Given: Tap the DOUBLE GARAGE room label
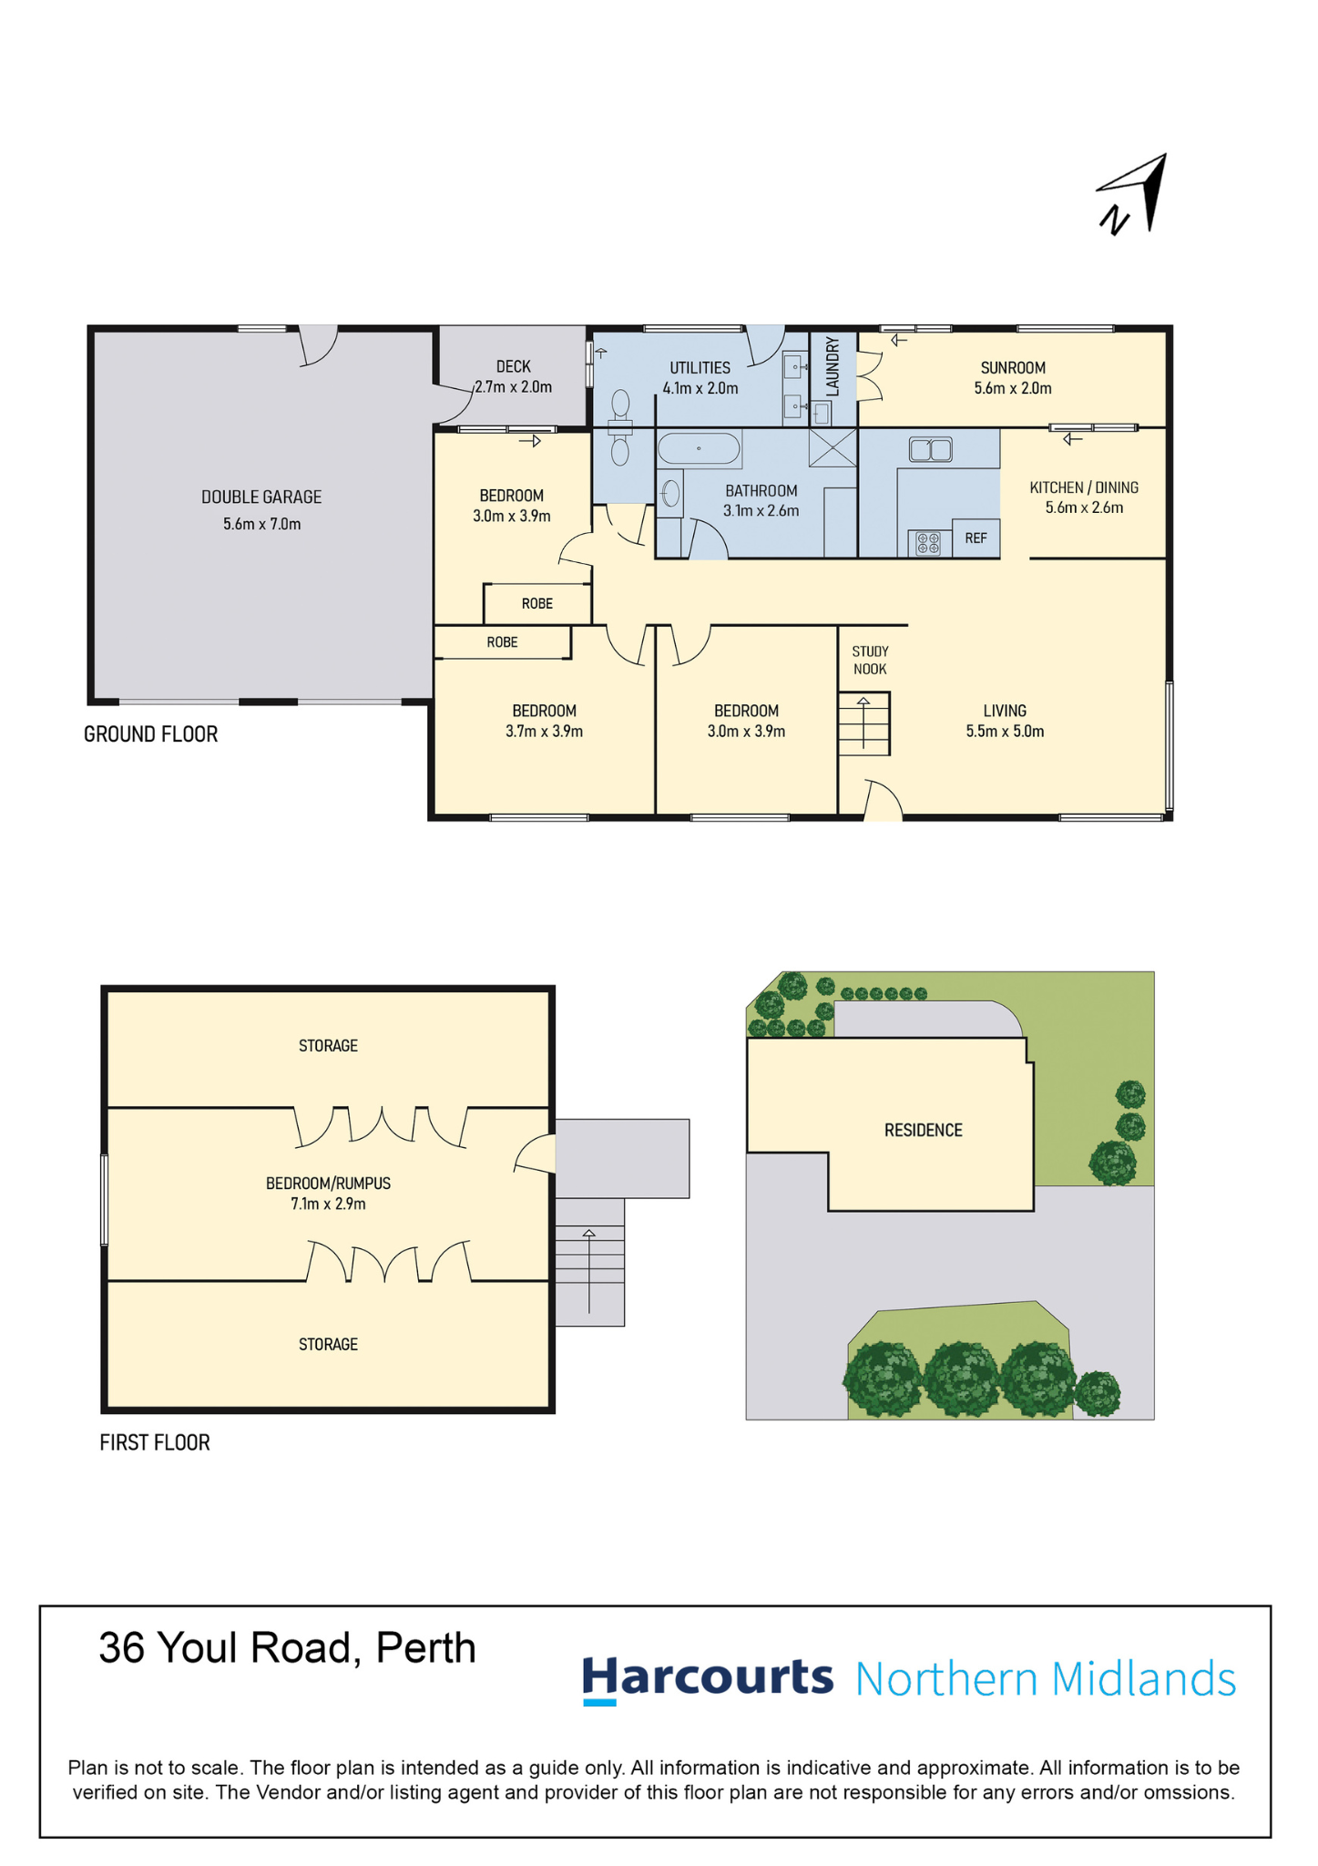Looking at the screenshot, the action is point(261,497).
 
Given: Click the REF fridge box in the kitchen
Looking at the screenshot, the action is point(976,538).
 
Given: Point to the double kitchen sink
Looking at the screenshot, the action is point(930,449).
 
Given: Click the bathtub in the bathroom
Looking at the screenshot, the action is point(699,449).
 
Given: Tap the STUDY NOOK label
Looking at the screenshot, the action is point(870,661).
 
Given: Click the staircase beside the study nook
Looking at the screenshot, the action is point(863,723).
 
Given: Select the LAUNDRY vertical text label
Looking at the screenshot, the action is point(832,367).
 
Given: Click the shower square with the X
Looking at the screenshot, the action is point(833,448).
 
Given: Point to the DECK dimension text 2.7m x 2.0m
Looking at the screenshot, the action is point(514,387).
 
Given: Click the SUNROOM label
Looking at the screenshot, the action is point(1013,368).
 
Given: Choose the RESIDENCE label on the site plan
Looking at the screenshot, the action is point(924,1131).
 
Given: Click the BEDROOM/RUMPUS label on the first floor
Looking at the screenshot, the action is point(328,1184).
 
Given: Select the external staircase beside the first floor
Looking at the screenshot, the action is point(590,1262).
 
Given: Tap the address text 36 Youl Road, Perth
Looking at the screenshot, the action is point(288,1648).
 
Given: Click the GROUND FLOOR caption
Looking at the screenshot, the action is point(151,734).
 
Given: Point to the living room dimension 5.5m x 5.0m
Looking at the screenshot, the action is point(1005,732).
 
